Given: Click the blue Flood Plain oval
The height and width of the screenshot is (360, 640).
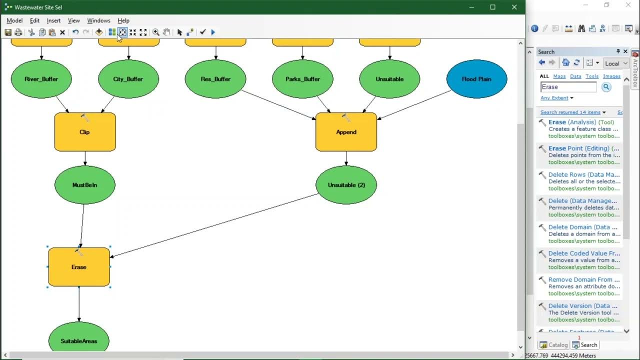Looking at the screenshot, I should coord(476,79).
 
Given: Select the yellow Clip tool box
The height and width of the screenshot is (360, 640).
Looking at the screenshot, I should coord(85,132).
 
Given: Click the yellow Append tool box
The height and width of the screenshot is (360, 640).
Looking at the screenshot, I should coord(346,132).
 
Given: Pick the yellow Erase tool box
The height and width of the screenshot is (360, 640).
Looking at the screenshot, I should coord(79,267).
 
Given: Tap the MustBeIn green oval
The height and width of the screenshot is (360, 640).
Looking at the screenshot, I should coord(84,185).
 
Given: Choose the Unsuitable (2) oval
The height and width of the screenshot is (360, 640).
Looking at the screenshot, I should coord(346,185).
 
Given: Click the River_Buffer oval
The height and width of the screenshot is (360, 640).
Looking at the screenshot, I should coord(41,79).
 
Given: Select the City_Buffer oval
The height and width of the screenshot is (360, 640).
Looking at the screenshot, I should coord(128,79).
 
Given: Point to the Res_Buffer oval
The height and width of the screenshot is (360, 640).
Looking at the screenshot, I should coord(215,79).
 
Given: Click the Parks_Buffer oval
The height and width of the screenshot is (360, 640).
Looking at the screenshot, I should coord(302,79).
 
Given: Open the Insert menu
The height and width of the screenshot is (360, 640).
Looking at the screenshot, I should coord(53,20).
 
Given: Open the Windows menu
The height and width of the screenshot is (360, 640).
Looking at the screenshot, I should coord(98,20).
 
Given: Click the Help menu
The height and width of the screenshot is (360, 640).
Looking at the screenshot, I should coord(123,20).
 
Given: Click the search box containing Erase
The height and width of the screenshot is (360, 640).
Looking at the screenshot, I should coord(568,87).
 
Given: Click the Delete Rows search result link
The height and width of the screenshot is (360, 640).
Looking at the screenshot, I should coord(582,174).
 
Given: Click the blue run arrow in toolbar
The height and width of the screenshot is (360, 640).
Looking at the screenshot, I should coord(213,32).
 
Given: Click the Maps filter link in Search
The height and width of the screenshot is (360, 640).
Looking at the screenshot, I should coord(559,76).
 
